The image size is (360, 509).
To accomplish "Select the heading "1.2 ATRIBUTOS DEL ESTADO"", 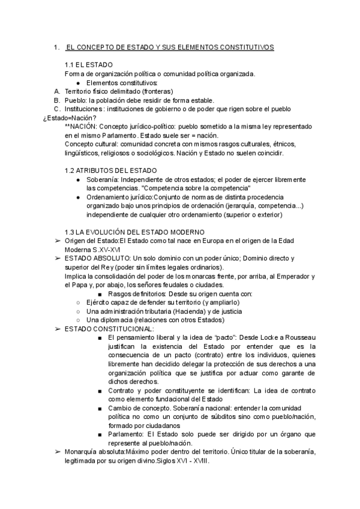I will click(x=111, y=170).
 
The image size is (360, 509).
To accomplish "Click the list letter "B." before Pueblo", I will click(x=57, y=100).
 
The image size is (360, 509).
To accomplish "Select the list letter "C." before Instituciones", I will click(x=57, y=109).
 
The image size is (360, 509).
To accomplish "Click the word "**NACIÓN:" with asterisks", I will click(x=80, y=127).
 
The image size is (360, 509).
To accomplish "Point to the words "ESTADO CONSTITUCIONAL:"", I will click(x=101, y=329).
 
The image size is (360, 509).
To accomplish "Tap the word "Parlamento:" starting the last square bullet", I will click(x=127, y=434).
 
